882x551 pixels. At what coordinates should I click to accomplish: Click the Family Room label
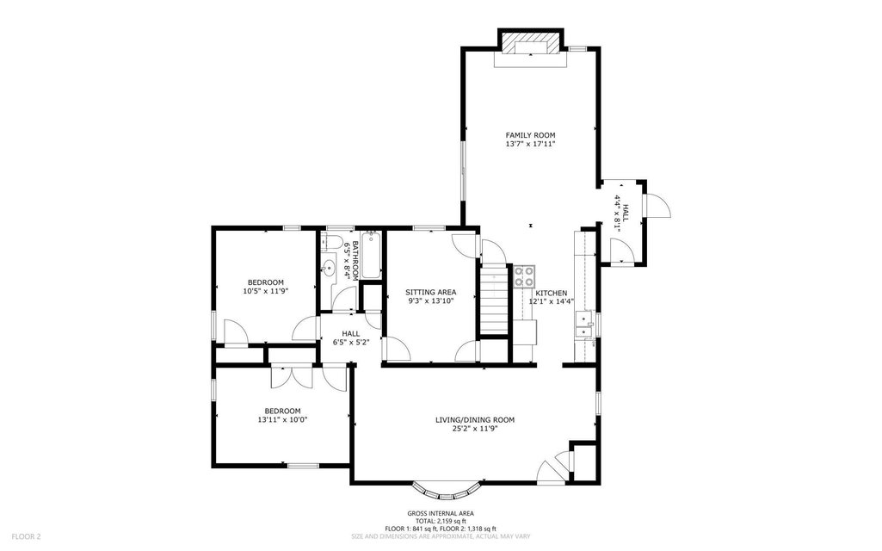tap(530, 135)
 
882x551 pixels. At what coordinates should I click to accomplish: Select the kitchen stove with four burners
tap(525, 276)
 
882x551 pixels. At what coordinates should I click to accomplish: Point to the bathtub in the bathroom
tap(371, 256)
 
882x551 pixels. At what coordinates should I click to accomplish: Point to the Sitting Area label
tap(431, 292)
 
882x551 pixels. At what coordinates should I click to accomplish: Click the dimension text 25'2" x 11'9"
tap(475, 429)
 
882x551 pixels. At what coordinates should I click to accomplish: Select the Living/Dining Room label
tap(475, 420)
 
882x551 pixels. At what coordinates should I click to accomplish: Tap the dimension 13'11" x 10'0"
tap(282, 419)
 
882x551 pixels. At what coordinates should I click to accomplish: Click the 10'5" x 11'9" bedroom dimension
tap(266, 291)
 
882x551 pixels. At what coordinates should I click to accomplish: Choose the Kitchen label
tap(552, 294)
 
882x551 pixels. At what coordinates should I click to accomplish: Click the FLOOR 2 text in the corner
tap(26, 537)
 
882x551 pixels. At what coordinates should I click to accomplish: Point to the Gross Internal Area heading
tap(441, 513)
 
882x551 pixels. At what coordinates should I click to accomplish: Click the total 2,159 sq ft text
tap(441, 521)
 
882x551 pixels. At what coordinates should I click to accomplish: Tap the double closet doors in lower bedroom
tap(291, 376)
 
